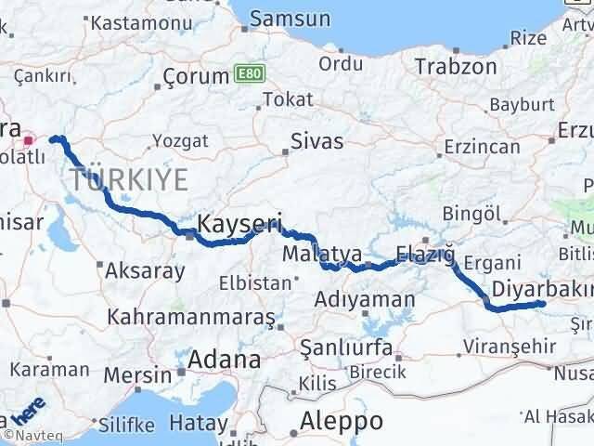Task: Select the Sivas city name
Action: click(x=316, y=142)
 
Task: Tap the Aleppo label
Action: click(x=341, y=420)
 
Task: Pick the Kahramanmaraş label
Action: click(x=191, y=317)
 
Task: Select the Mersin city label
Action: click(x=137, y=375)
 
